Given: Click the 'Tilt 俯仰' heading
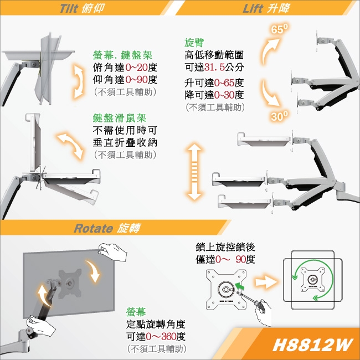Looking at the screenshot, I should pyautogui.click(x=81, y=9).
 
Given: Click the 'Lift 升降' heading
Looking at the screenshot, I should pyautogui.click(x=265, y=9).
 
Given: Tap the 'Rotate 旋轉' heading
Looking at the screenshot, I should pyautogui.click(x=107, y=228).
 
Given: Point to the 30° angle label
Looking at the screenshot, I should pyautogui.click(x=280, y=117).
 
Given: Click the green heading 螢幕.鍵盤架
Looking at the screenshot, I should pyautogui.click(x=122, y=56).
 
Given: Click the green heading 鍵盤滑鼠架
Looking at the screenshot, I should pyautogui.click(x=120, y=119).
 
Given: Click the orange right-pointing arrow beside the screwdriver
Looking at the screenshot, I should pyautogui.click(x=266, y=281).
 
